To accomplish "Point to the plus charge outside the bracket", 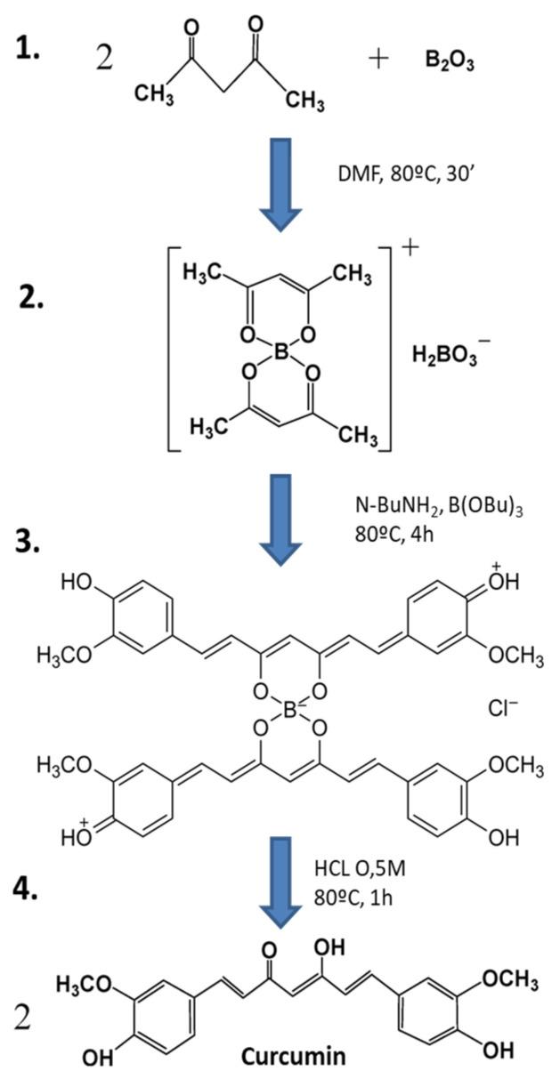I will pyautogui.click(x=410, y=247).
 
